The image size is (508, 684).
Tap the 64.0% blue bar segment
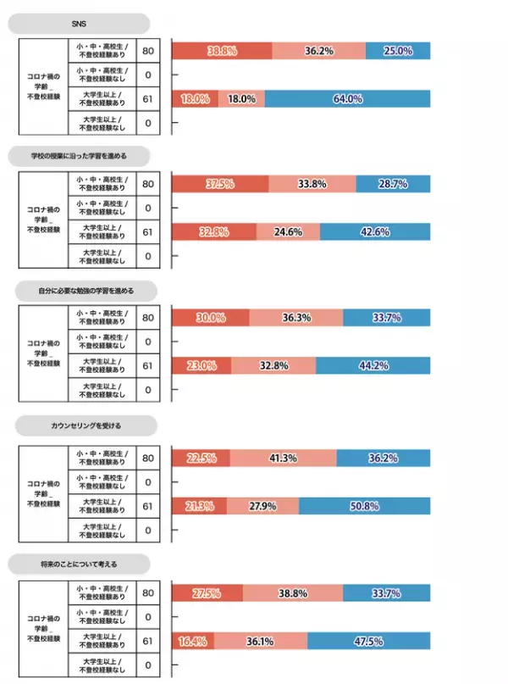coord(347,99)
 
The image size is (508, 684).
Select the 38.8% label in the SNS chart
coord(221,51)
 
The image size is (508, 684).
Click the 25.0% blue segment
coord(398,51)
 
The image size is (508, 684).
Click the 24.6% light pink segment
coord(288,231)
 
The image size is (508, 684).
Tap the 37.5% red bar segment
coord(219,184)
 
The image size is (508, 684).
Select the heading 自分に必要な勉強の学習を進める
coord(85,290)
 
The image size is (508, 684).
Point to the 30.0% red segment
coord(210,318)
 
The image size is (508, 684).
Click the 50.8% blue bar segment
coord(364,506)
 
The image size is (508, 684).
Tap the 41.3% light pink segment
coord(283,459)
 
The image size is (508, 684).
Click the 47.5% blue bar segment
coord(368,641)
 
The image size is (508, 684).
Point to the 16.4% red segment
coord(192,641)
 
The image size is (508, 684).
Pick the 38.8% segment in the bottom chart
coord(293,592)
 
